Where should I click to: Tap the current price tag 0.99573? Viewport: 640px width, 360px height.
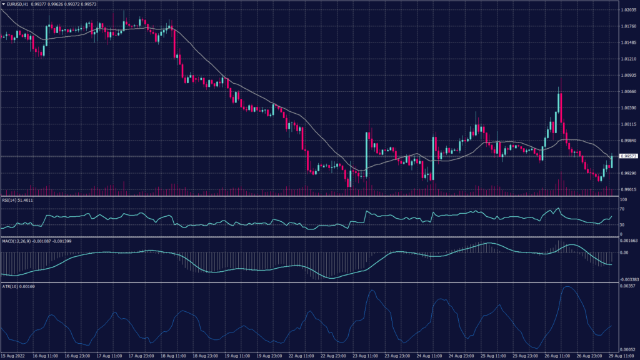coord(627,156)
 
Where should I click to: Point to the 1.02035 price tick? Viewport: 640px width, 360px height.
coord(628,11)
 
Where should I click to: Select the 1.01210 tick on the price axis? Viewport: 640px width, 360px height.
coord(628,59)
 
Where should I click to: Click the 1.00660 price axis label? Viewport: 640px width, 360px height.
coord(628,91)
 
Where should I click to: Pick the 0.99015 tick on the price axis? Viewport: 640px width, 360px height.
coord(628,189)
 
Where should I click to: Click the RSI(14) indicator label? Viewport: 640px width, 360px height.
coord(17,200)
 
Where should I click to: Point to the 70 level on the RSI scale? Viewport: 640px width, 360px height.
coord(622,208)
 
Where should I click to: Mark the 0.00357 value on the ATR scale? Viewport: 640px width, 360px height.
coord(627,286)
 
